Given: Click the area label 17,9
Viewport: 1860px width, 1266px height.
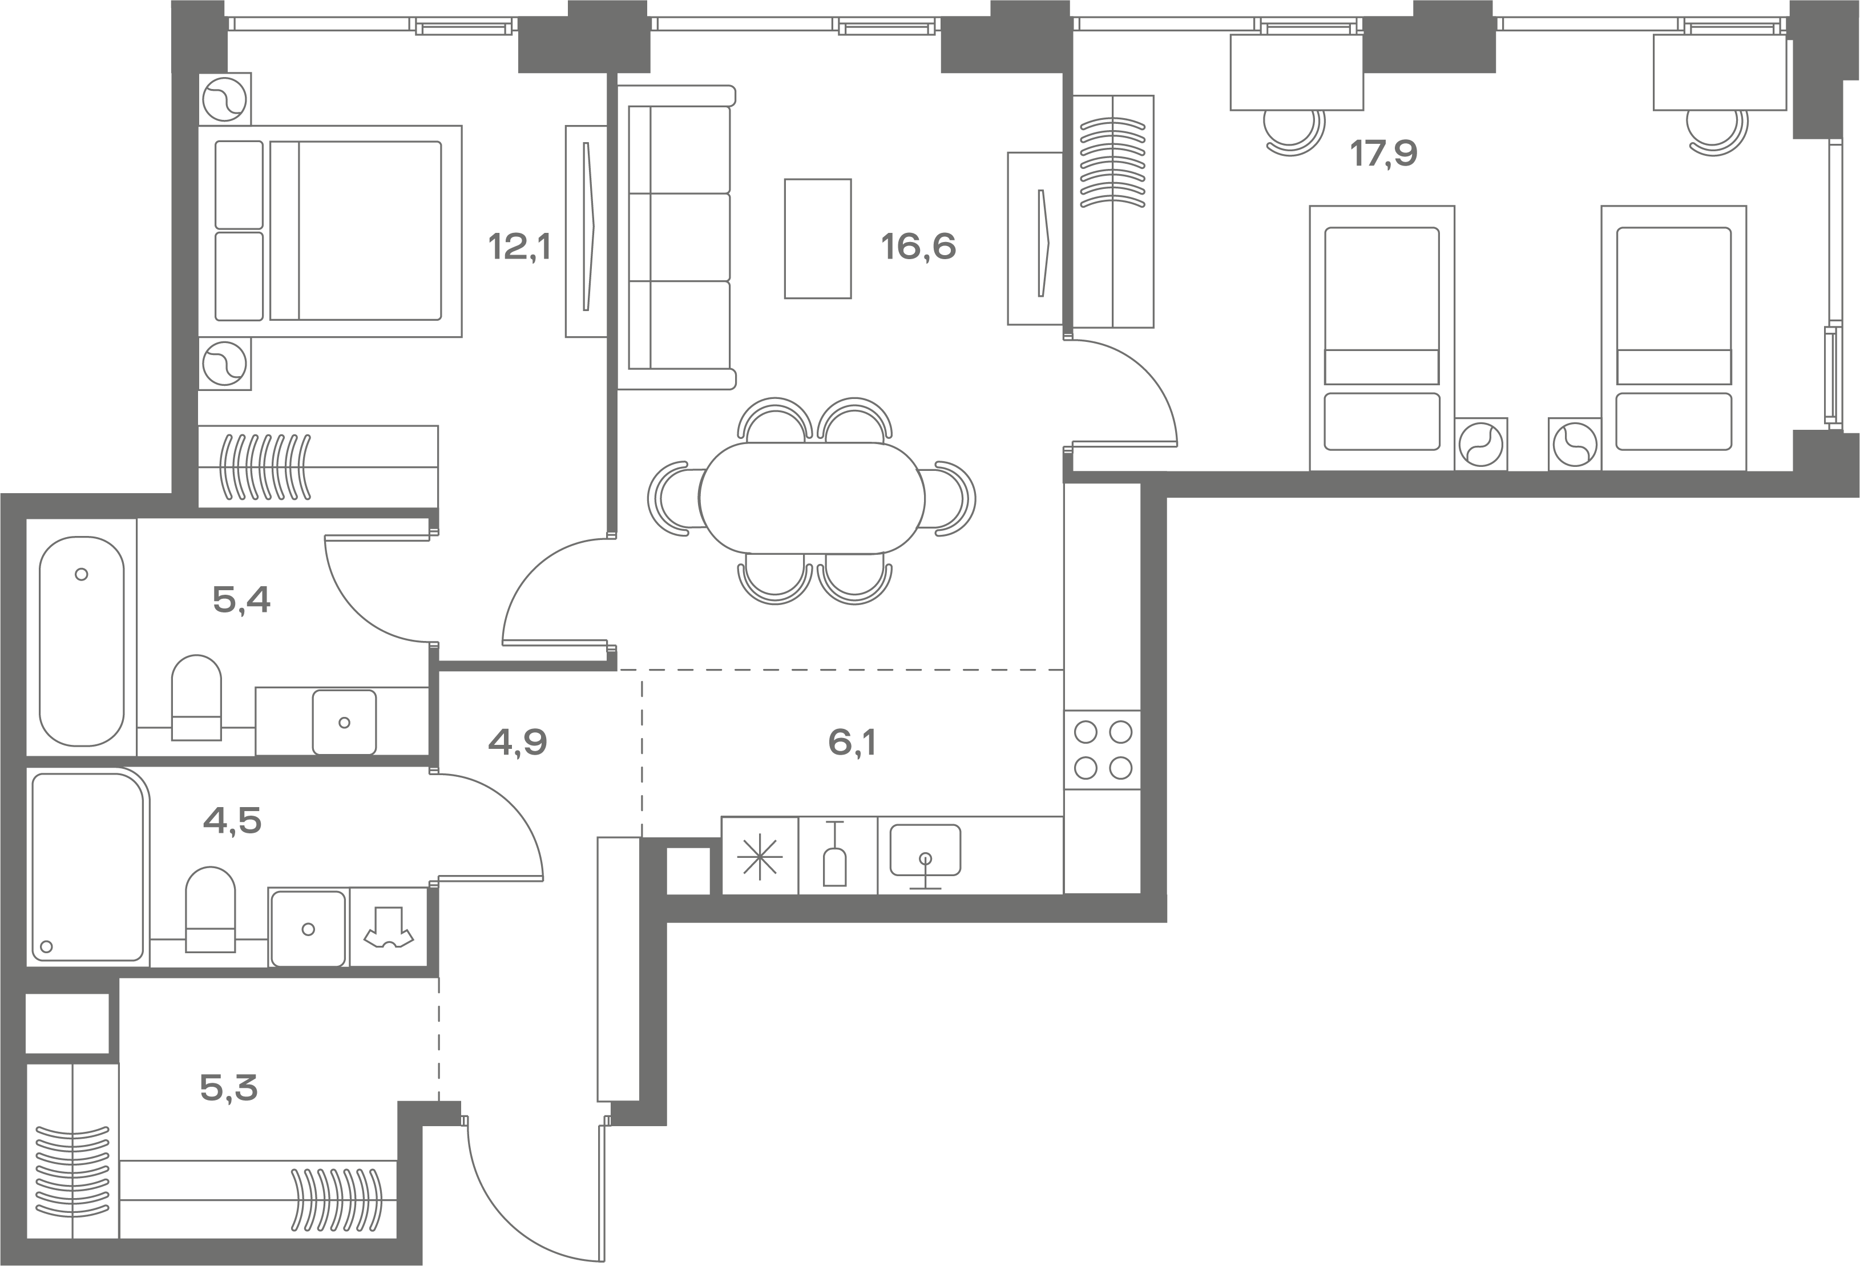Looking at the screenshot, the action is click(x=1384, y=154).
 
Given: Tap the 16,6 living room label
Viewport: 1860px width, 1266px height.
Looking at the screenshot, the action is click(x=919, y=247).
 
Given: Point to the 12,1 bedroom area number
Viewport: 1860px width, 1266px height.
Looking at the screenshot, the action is click(x=521, y=247).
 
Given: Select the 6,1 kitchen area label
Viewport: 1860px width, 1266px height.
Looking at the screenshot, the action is click(x=852, y=743).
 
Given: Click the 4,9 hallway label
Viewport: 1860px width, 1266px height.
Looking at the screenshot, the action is click(x=518, y=743).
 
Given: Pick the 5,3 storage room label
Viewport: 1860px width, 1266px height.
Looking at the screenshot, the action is click(x=229, y=1088).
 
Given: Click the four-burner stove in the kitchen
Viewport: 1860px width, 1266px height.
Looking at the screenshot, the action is click(x=1102, y=750).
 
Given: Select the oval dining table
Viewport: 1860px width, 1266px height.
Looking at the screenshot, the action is click(x=812, y=498).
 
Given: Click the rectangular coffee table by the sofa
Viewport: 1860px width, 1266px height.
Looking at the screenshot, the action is click(x=817, y=239).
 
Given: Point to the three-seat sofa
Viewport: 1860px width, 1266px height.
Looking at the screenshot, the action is click(x=676, y=237).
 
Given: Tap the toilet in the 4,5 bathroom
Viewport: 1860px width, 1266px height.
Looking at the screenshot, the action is click(x=211, y=909).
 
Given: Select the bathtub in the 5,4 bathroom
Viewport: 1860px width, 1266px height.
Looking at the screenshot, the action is click(x=82, y=641).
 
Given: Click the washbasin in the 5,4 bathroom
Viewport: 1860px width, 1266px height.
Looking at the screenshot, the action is click(x=344, y=722).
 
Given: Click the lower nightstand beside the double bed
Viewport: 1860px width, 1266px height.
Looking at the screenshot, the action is click(x=225, y=364).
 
